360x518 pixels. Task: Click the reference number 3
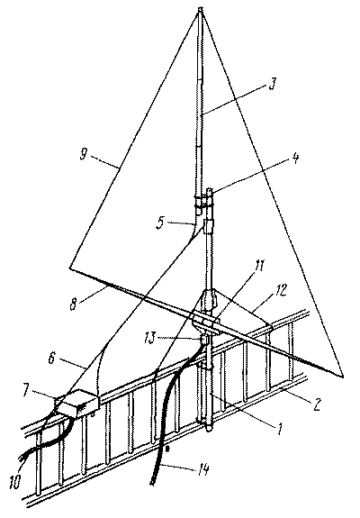tap(272, 84)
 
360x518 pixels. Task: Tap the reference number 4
tap(296, 159)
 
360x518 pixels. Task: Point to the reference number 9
tap(83, 153)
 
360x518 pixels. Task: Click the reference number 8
tap(74, 303)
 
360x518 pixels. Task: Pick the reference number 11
tap(260, 265)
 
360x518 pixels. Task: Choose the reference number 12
tap(281, 290)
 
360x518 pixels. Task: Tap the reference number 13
tap(150, 339)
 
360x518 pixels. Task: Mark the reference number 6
tap(52, 359)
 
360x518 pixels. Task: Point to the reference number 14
tap(202, 470)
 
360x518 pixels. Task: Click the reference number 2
tap(316, 404)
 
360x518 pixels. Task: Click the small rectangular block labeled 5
tap(209, 227)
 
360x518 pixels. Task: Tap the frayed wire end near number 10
tap(22, 457)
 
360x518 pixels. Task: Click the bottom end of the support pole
tap(209, 429)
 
